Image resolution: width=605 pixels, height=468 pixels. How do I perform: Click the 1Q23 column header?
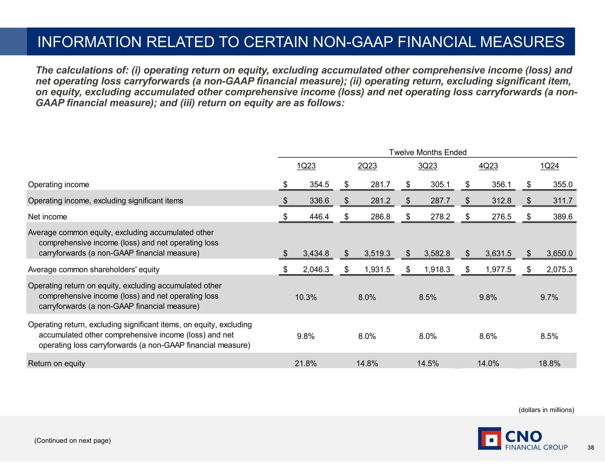306,166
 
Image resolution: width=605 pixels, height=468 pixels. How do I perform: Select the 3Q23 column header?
428,166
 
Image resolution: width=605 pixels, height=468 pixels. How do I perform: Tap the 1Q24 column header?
549,166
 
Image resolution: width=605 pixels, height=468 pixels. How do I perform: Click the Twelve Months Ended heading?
428,153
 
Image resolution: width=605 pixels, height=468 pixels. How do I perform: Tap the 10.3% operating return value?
306,297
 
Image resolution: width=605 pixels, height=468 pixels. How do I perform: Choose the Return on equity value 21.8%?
306,363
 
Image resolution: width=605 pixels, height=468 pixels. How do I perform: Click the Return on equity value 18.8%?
549,363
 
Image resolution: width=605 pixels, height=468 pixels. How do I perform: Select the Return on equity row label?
57,363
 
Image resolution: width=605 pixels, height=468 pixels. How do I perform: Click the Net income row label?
47,217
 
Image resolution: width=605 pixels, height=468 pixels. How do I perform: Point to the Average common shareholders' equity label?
94,269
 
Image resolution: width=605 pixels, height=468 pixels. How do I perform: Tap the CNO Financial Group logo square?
489,439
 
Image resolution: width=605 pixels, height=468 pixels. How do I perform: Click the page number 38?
590,448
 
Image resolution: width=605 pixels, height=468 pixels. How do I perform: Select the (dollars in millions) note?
546,410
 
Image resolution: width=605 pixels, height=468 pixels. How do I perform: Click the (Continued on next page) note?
73,440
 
